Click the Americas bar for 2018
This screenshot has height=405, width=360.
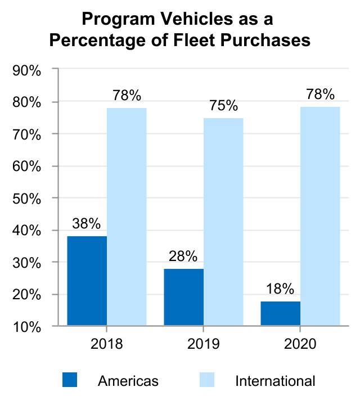coord(87,281)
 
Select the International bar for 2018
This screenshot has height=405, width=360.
coord(127,217)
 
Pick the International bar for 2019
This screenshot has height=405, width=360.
coord(223,222)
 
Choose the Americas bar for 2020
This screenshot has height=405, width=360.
coord(281,313)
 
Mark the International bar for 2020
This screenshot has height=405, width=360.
coord(320,216)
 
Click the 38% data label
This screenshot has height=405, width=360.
coord(87,223)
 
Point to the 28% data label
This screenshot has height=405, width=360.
coord(183,256)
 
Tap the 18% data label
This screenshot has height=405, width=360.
coord(280,289)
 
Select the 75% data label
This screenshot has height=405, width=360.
coord(224,106)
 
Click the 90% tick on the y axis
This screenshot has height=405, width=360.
coord(27,70)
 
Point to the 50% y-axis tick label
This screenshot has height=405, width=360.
coord(27,198)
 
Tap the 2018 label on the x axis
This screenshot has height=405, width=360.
coord(106,343)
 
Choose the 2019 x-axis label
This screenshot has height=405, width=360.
coord(204,343)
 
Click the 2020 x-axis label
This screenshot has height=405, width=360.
coord(300,343)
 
